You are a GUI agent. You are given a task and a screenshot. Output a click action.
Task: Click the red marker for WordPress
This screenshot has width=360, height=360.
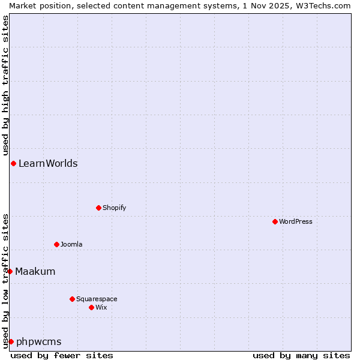point(275,221)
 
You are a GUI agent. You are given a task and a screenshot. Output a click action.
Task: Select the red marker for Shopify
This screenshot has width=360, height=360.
point(98,208)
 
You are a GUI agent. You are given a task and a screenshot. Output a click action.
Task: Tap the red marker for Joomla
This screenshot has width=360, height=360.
point(56,244)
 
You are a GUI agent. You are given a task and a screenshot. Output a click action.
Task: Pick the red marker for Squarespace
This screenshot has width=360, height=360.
point(72,299)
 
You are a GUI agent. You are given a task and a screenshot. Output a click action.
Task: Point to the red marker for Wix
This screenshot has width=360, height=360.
point(91,307)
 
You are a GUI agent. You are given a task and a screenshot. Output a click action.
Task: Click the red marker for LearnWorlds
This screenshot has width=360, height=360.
point(13,163)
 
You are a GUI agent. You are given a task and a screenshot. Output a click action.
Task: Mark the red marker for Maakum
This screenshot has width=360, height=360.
point(10,271)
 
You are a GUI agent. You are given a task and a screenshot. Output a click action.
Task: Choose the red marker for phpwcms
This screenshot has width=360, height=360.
point(11,341)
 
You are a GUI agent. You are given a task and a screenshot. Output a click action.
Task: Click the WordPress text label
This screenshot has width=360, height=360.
point(296,221)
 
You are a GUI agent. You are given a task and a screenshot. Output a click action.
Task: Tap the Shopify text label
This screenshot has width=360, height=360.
point(114,208)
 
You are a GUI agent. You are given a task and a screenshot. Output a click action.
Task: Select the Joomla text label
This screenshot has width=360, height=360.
point(71,244)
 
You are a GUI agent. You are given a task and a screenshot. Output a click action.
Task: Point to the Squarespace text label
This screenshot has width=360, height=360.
point(97,299)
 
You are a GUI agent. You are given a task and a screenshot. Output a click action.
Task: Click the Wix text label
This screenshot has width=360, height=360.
point(101,307)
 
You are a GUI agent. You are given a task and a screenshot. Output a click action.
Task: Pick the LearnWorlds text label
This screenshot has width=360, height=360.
point(48,163)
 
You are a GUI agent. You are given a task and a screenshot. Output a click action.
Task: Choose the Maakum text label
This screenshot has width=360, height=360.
point(35,271)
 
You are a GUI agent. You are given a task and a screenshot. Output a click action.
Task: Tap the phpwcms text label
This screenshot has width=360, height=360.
point(39,341)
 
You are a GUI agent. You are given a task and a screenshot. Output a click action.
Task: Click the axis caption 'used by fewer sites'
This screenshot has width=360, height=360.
point(62,355)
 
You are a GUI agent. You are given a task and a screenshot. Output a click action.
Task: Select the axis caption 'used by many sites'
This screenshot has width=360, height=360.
point(301,355)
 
